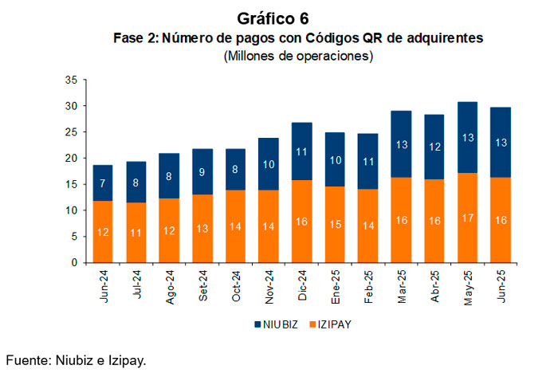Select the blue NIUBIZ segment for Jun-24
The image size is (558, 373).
[x=103, y=183]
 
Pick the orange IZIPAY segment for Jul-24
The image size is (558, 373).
[x=136, y=232]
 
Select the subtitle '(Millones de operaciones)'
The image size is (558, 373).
[x=299, y=56]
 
